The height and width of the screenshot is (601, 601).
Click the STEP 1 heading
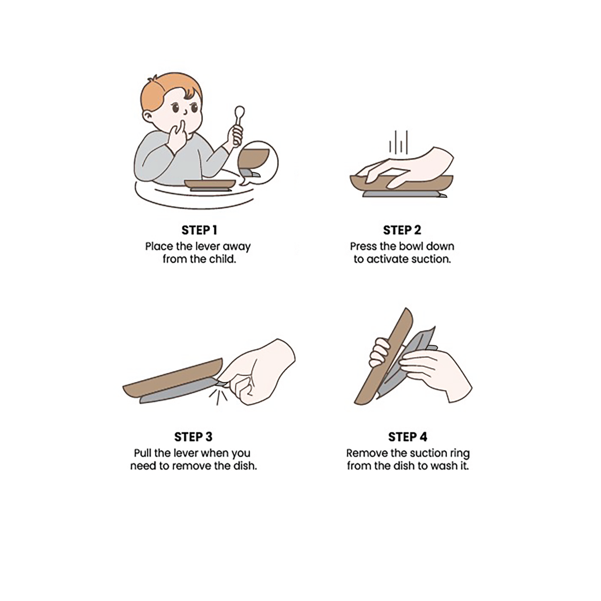pyautogui.click(x=199, y=230)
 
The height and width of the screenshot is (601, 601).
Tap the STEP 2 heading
pyautogui.click(x=402, y=230)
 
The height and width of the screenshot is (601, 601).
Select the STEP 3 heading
pyautogui.click(x=193, y=437)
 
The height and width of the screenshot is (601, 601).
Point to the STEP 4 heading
pyautogui.click(x=408, y=437)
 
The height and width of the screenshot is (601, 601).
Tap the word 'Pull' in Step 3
pyautogui.click(x=142, y=453)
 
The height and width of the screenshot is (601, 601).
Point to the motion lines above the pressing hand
pyautogui.click(x=398, y=142)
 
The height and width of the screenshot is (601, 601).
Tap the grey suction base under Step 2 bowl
pyautogui.click(x=402, y=194)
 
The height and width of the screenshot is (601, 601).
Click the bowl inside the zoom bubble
pyautogui.click(x=254, y=158)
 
